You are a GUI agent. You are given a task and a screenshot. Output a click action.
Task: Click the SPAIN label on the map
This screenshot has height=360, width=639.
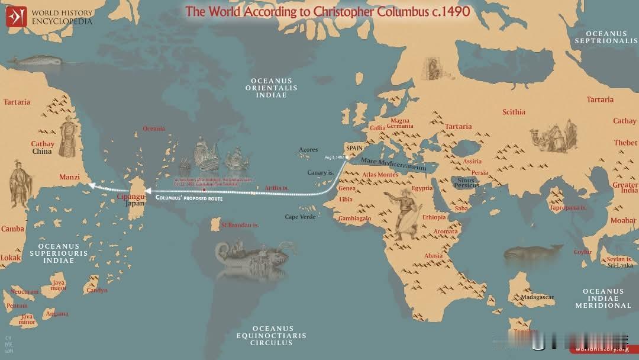[x=354, y=148]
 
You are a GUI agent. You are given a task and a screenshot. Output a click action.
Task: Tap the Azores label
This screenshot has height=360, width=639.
[x=308, y=150]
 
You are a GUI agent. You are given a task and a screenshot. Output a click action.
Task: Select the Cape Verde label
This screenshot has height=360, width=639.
[x=301, y=217]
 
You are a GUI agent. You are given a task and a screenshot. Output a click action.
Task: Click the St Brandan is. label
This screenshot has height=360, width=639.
[x=240, y=225]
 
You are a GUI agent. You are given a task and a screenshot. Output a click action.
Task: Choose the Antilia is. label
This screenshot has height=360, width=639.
[x=276, y=188]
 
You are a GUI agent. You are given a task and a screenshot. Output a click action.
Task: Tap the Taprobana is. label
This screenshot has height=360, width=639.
[x=567, y=208]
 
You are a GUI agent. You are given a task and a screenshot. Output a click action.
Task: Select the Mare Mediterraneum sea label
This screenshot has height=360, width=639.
[x=393, y=164]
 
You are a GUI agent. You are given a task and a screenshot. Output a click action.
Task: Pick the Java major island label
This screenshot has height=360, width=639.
[x=59, y=285]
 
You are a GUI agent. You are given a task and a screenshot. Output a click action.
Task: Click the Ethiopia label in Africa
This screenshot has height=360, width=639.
[x=434, y=217]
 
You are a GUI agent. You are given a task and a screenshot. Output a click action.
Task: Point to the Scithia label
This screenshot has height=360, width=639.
[x=514, y=112]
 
